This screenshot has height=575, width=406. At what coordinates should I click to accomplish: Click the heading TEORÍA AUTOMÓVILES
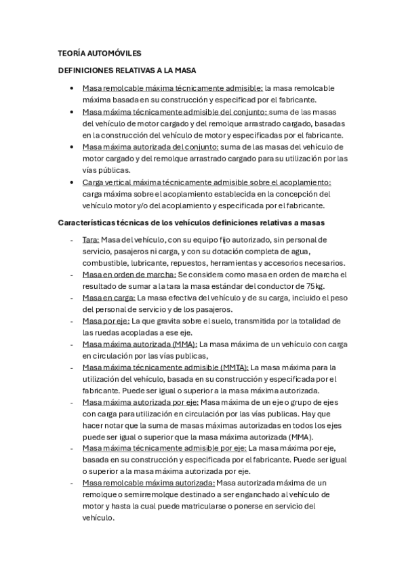pyautogui.click(x=100, y=54)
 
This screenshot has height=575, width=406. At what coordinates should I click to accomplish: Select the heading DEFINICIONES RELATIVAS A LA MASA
pyautogui.click(x=127, y=70)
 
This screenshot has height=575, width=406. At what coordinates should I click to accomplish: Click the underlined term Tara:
pyautogui.click(x=91, y=239)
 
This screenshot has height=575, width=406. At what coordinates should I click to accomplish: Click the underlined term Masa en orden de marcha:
pyautogui.click(x=129, y=275)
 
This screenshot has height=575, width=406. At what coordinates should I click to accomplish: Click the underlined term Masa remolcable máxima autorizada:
pyautogui.click(x=148, y=482)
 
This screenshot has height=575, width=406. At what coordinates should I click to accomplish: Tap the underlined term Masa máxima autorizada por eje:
pyautogui.click(x=140, y=402)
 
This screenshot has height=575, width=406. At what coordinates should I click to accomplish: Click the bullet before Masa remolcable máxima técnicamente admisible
pyautogui.click(x=72, y=88)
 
